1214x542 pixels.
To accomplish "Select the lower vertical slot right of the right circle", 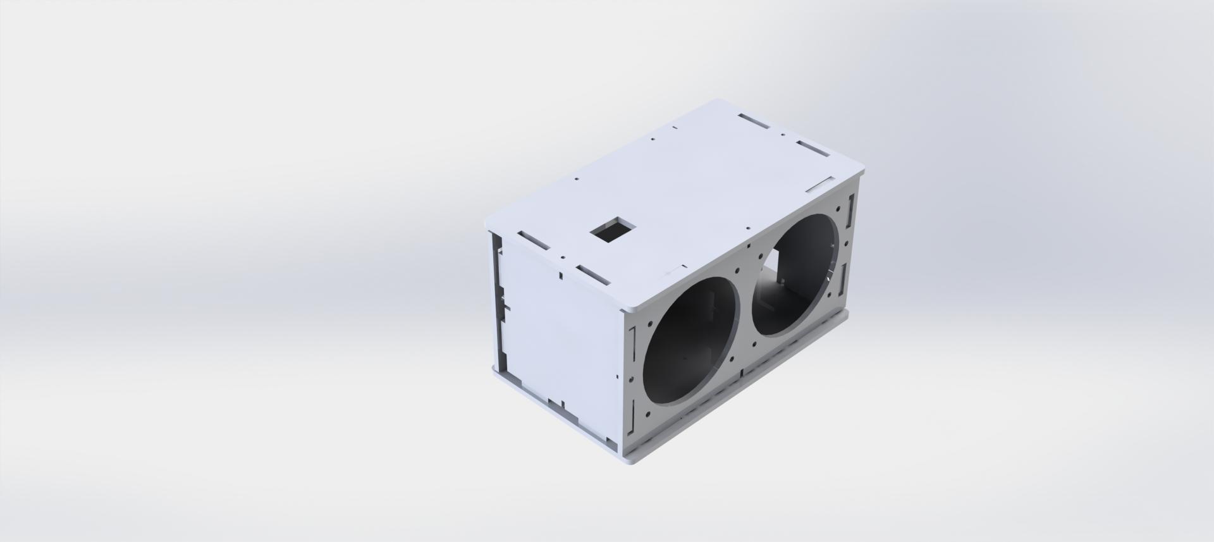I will (x=843, y=279).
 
